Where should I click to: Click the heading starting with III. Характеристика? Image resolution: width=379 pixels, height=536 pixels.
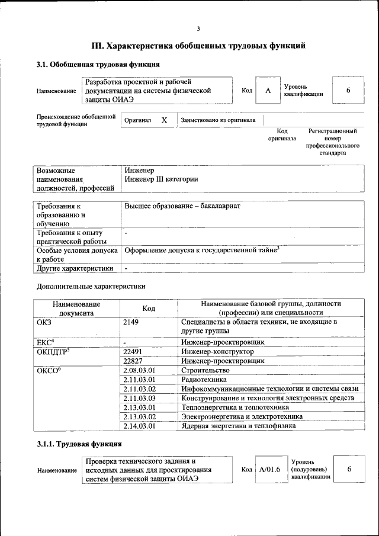click(x=198, y=46)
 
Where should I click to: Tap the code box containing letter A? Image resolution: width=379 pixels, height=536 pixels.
click(x=268, y=91)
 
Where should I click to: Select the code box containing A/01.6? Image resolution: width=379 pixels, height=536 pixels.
click(x=269, y=469)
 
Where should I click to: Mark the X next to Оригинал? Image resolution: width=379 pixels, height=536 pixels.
click(x=164, y=120)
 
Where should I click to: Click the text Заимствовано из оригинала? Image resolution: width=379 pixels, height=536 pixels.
click(x=218, y=120)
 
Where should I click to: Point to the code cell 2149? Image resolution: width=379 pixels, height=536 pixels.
click(x=132, y=322)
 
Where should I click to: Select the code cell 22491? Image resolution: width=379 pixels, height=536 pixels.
click(x=134, y=351)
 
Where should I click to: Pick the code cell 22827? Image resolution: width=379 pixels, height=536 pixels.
click(x=134, y=361)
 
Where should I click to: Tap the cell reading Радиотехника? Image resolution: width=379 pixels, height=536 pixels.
click(x=204, y=380)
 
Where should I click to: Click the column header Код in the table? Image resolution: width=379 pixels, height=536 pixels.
click(x=149, y=309)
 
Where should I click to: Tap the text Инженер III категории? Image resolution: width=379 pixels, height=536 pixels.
click(x=161, y=179)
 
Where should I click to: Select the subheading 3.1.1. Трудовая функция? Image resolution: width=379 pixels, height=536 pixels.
click(x=79, y=444)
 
